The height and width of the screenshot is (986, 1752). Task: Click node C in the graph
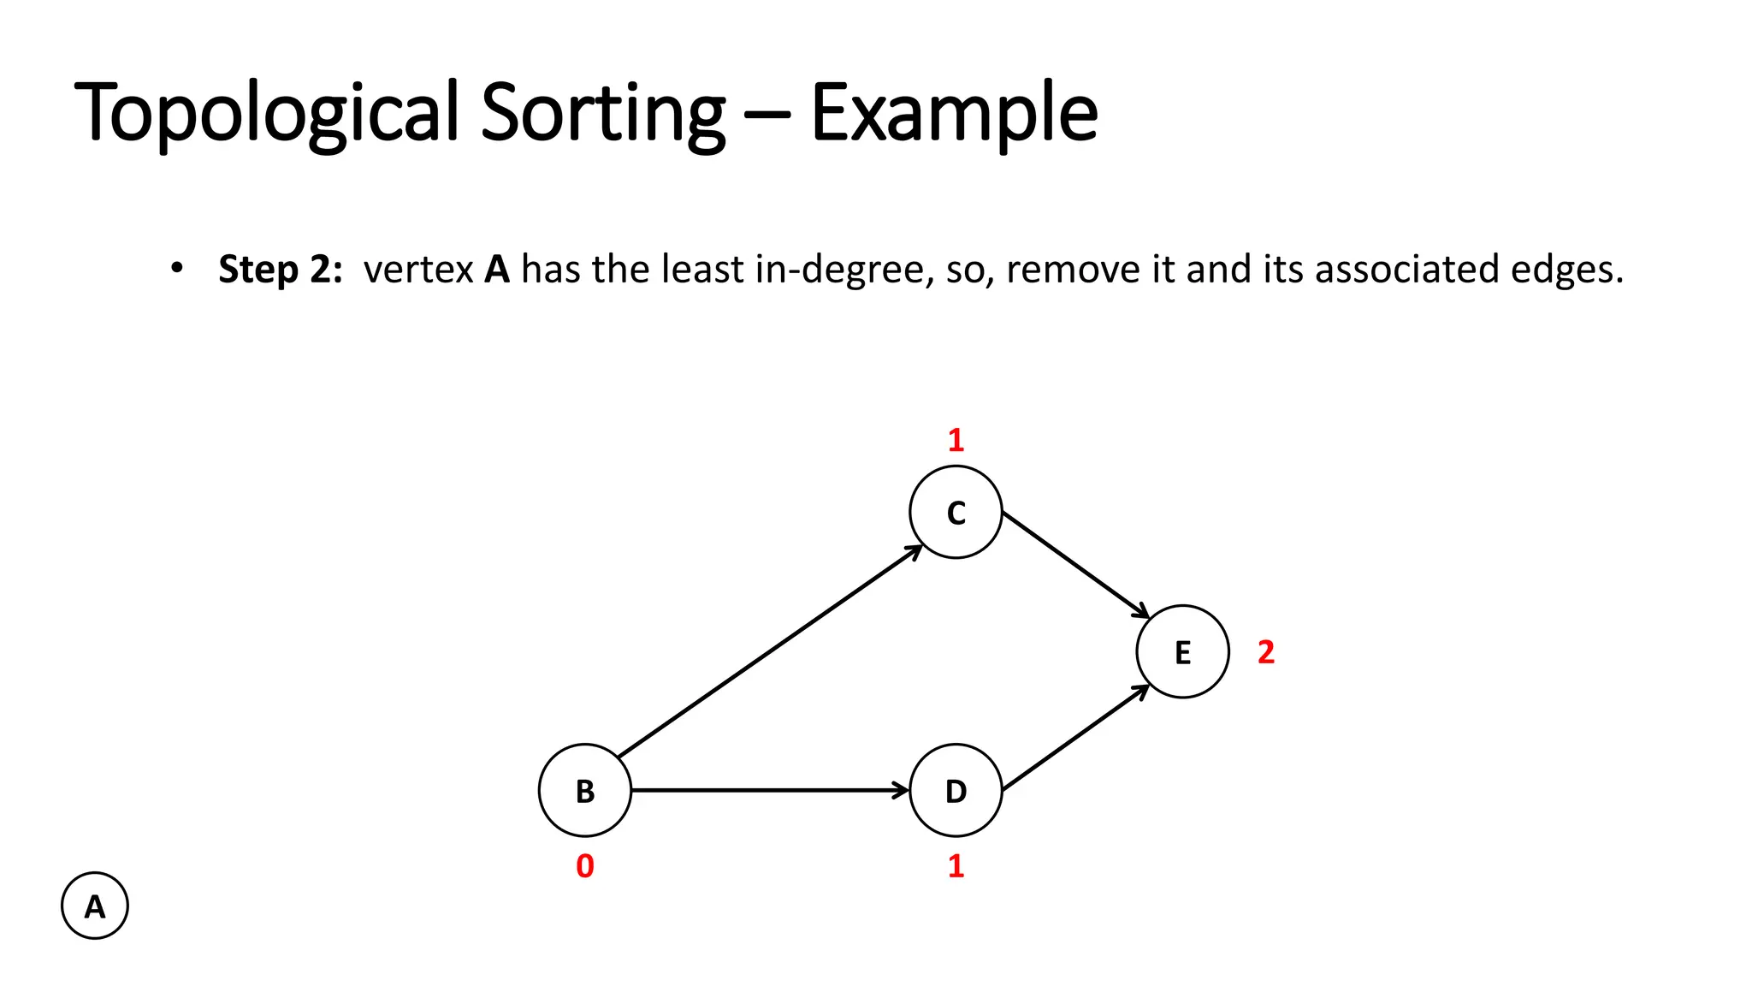pyautogui.click(x=956, y=512)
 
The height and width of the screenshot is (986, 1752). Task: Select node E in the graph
pyautogui.click(x=1182, y=651)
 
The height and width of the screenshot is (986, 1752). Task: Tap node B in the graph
pyautogui.click(x=585, y=790)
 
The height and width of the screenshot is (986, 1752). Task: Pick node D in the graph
pyautogui.click(x=956, y=790)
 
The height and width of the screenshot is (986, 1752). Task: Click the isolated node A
pyautogui.click(x=95, y=906)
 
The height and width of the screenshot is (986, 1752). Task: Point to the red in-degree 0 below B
pyautogui.click(x=585, y=866)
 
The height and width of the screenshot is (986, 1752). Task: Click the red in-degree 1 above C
pyautogui.click(x=956, y=440)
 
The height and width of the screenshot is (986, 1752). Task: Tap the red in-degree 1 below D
pyautogui.click(x=956, y=866)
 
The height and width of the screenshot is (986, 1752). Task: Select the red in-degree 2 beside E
pyautogui.click(x=1266, y=652)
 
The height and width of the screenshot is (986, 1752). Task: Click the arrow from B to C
pyautogui.click(x=770, y=651)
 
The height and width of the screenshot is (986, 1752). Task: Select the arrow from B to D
pyautogui.click(x=770, y=790)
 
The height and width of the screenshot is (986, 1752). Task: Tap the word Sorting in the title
pyautogui.click(x=602, y=112)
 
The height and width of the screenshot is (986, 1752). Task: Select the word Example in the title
pyautogui.click(x=953, y=112)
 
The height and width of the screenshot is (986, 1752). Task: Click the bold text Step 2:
pyautogui.click(x=280, y=269)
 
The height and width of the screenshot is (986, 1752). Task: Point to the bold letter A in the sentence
pyautogui.click(x=497, y=269)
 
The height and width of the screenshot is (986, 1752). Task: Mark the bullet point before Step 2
pyautogui.click(x=176, y=268)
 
